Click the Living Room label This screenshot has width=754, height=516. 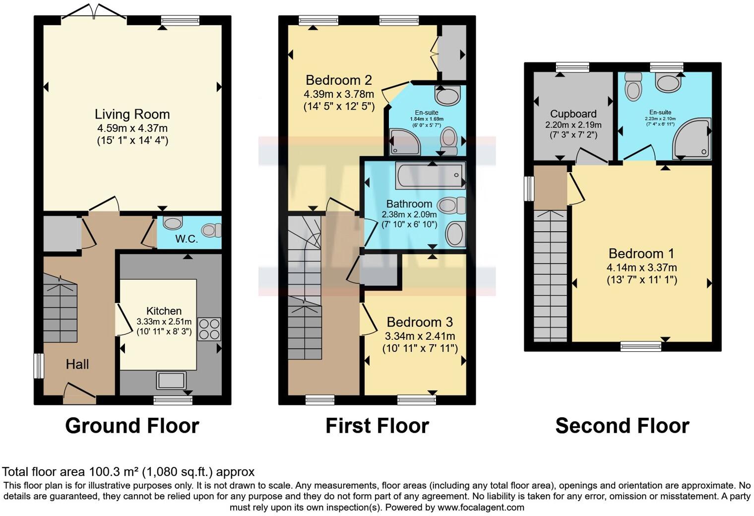pos(132,114)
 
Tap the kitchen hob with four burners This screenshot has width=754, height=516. pos(209,329)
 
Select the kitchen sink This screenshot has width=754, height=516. pos(172,381)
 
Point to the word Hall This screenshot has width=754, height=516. pos(77,364)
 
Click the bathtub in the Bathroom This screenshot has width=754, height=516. pos(430,175)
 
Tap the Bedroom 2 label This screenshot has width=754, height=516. pos(338,80)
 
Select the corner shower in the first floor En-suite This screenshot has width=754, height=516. pos(404,142)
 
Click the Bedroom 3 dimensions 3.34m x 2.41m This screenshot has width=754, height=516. pos(420,336)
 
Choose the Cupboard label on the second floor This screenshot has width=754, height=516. pos(573,114)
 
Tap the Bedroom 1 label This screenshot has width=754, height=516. pos(641,254)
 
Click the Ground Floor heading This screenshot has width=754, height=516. pos(132,426)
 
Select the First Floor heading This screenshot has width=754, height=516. pos(377,426)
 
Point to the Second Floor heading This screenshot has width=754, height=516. pos(622,426)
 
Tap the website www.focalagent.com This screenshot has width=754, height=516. pos(481,507)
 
